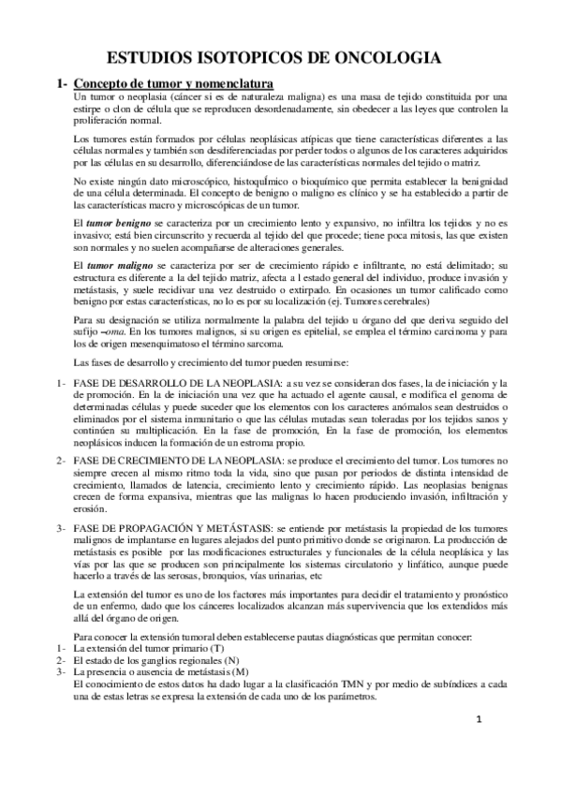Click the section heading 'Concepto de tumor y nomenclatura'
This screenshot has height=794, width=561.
point(173,82)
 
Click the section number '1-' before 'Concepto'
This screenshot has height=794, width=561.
point(62,82)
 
